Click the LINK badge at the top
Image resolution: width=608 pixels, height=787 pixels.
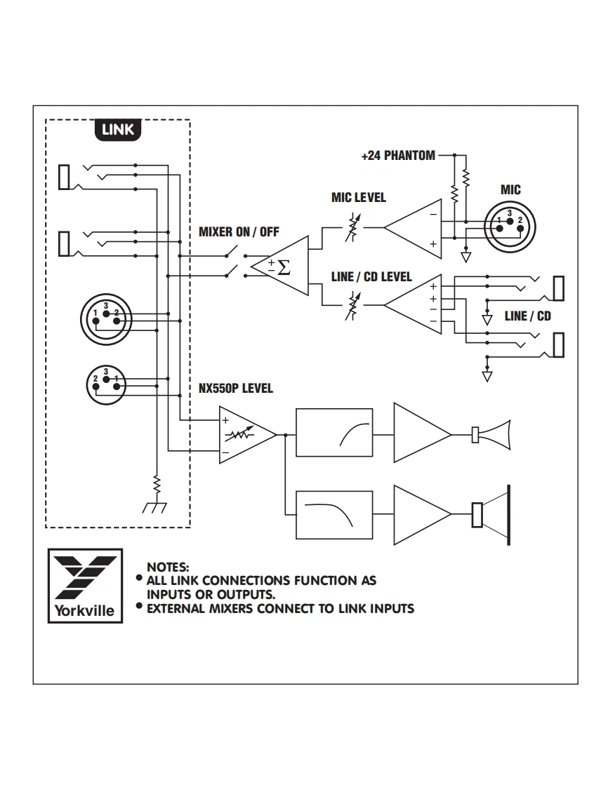[118, 130]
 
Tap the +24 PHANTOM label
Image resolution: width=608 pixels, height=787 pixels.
[398, 156]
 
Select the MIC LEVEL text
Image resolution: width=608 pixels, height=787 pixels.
[358, 198]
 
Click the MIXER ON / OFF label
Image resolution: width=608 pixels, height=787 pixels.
[239, 232]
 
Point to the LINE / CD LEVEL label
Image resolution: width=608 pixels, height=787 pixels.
[371, 276]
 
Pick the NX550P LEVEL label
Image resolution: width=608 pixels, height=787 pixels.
[236, 389]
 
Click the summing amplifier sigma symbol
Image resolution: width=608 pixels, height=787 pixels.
[284, 267]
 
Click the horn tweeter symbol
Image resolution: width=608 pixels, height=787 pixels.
[491, 435]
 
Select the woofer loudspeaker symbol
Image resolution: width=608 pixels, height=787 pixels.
[491, 515]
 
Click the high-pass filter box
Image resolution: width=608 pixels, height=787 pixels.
[334, 433]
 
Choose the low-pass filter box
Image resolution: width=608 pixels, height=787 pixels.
[334, 515]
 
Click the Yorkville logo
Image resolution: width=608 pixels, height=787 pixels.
[85, 586]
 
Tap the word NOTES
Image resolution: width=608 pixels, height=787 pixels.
[168, 567]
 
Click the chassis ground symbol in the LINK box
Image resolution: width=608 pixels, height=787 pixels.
[154, 508]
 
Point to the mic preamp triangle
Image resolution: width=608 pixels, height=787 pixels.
[413, 229]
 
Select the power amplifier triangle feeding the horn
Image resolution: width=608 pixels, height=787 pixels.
[423, 433]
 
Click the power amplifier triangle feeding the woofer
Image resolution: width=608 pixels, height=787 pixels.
[423, 515]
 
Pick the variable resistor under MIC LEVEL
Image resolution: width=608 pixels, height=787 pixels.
[352, 227]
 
